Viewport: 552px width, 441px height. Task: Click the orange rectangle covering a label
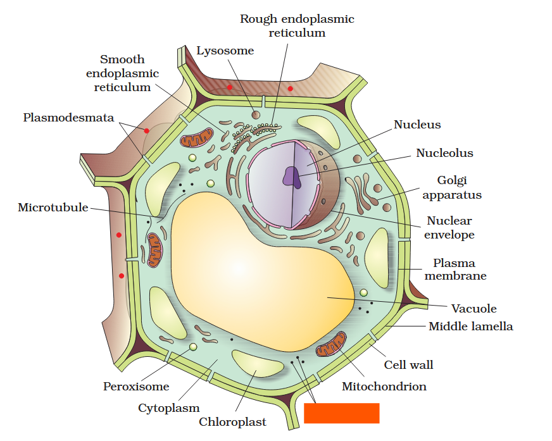[341, 413]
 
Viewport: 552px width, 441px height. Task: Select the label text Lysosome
[225, 51]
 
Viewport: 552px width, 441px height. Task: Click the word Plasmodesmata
[68, 118]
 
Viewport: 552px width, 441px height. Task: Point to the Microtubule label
[53, 208]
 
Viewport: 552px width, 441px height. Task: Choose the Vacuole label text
[474, 309]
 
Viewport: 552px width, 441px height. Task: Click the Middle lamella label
[470, 326]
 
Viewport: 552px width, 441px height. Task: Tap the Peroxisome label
[136, 386]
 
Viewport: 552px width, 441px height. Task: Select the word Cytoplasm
[169, 408]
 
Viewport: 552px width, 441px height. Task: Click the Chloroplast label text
[232, 421]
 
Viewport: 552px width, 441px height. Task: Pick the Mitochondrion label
[384, 386]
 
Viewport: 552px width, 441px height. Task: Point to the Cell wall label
[408, 365]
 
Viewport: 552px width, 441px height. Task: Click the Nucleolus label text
[444, 153]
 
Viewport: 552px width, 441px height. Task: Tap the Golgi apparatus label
[452, 188]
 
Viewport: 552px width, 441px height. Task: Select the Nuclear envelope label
[449, 228]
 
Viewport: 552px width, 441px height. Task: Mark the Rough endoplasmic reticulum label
[296, 26]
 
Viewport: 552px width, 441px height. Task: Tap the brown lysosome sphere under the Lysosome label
[256, 115]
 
